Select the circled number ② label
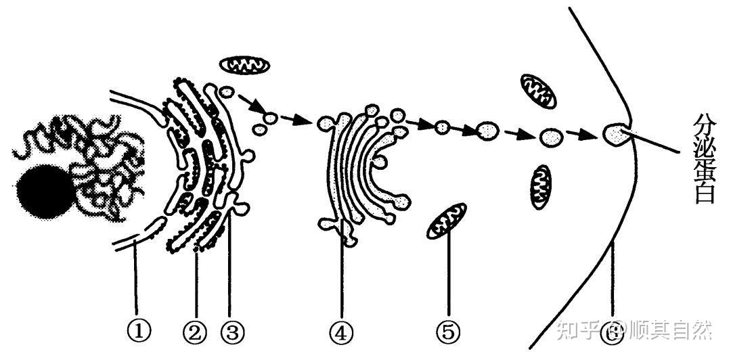click(x=196, y=332)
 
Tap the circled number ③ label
click(x=231, y=332)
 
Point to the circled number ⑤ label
click(x=449, y=332)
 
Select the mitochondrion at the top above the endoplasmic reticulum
click(x=245, y=65)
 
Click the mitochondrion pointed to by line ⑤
click(x=447, y=221)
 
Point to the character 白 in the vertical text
click(x=704, y=193)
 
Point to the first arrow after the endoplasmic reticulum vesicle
click(x=250, y=104)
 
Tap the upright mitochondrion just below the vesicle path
click(x=541, y=187)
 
